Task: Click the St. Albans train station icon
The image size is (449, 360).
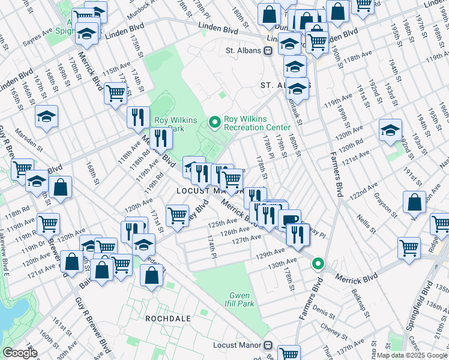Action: click(x=269, y=50)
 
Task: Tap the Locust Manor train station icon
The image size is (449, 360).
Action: click(x=268, y=346)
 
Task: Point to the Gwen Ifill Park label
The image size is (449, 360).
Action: click(x=243, y=299)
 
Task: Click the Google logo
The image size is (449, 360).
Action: click(x=20, y=353)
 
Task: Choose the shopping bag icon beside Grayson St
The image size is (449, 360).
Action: click(x=415, y=203)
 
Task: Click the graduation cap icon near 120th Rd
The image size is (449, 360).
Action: click(x=390, y=131)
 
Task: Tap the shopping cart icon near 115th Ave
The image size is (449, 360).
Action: click(x=115, y=94)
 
